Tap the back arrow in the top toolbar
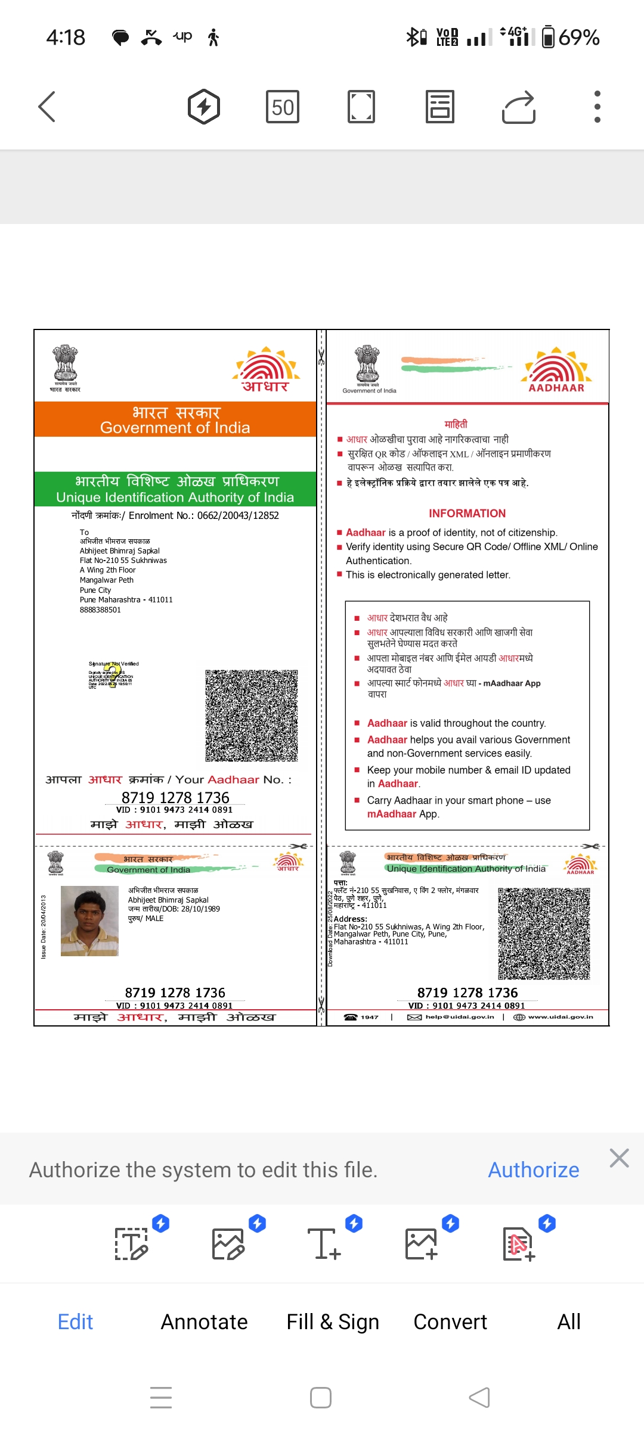click(x=47, y=107)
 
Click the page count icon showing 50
click(x=283, y=107)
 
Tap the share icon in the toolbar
click(x=518, y=107)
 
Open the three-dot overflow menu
click(x=597, y=107)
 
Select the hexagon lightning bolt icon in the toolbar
click(x=204, y=107)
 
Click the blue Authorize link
click(x=534, y=1170)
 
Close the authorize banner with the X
click(x=619, y=1158)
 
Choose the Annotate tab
click(x=204, y=1322)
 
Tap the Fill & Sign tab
click(x=333, y=1322)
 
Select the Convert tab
click(x=450, y=1322)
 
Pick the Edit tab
click(x=75, y=1322)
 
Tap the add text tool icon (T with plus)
click(x=324, y=1244)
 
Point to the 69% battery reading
click(x=578, y=38)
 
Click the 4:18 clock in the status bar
click(x=66, y=38)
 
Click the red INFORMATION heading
click(x=467, y=514)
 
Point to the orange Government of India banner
click(x=175, y=419)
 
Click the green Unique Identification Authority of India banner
click(x=175, y=489)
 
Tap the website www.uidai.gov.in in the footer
click(x=560, y=1017)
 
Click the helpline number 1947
click(x=369, y=1017)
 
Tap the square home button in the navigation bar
click(x=321, y=1398)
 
